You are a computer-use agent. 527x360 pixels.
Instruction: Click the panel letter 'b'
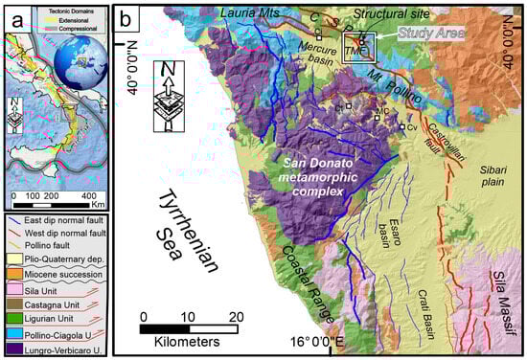click(x=126, y=16)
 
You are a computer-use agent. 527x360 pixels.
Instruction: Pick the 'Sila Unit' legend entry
click(x=49, y=287)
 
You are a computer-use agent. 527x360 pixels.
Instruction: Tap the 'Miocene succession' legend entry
click(x=66, y=273)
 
